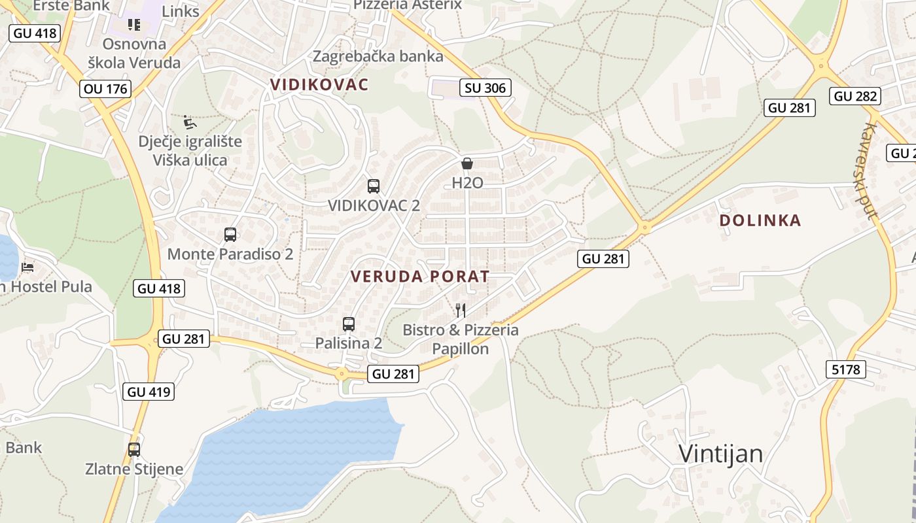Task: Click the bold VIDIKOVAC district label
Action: click(x=319, y=84)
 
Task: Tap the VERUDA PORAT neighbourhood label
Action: click(x=420, y=277)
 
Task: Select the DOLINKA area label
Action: click(x=760, y=220)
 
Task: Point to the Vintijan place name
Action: click(x=720, y=453)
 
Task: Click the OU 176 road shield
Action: click(x=105, y=88)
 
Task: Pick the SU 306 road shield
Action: click(x=485, y=88)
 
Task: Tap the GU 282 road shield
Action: click(x=855, y=96)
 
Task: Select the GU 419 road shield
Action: click(x=149, y=392)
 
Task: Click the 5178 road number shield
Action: click(x=846, y=369)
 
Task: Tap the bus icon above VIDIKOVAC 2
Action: click(x=374, y=186)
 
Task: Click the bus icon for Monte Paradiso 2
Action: click(x=230, y=235)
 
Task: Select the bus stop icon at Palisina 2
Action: click(x=349, y=324)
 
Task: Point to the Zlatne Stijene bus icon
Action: click(x=134, y=450)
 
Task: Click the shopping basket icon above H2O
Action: click(x=467, y=163)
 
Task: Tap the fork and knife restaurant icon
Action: click(x=461, y=310)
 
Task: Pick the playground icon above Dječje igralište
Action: click(x=190, y=122)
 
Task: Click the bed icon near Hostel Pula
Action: click(x=27, y=267)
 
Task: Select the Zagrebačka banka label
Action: click(x=378, y=56)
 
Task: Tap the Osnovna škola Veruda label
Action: click(x=134, y=54)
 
